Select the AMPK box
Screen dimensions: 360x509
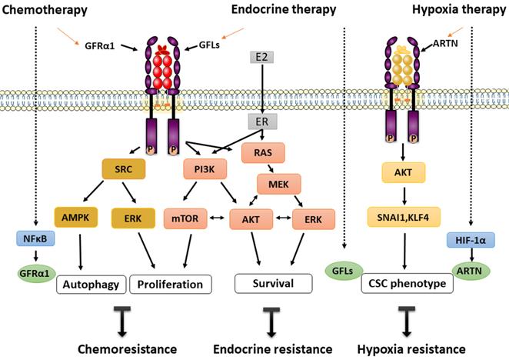[x=75, y=218]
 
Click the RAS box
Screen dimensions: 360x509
[x=263, y=153]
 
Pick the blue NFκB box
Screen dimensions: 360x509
[x=32, y=238]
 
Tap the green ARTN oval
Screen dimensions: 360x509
[x=470, y=272]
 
